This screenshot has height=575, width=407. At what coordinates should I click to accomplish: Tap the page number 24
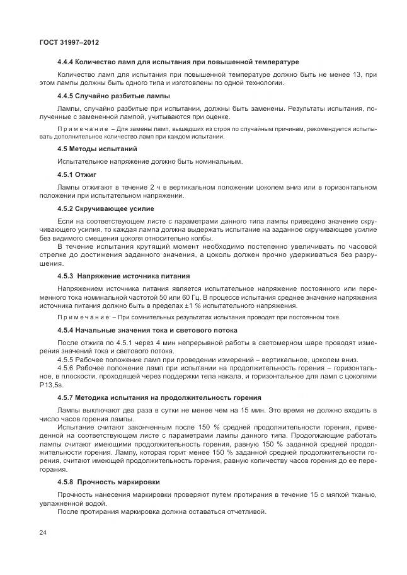click(x=43, y=533)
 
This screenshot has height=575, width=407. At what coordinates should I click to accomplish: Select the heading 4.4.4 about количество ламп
click(x=178, y=62)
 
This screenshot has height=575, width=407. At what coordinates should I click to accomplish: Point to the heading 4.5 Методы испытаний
click(x=97, y=149)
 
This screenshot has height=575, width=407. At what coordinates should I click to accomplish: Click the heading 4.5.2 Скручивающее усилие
click(x=105, y=208)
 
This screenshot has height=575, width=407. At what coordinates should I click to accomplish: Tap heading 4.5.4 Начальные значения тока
click(x=147, y=330)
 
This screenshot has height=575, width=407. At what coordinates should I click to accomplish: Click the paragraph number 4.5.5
click(x=67, y=359)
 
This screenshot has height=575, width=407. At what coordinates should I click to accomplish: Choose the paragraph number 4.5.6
click(x=67, y=367)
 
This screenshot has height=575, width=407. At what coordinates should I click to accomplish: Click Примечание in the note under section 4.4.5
click(x=79, y=128)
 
